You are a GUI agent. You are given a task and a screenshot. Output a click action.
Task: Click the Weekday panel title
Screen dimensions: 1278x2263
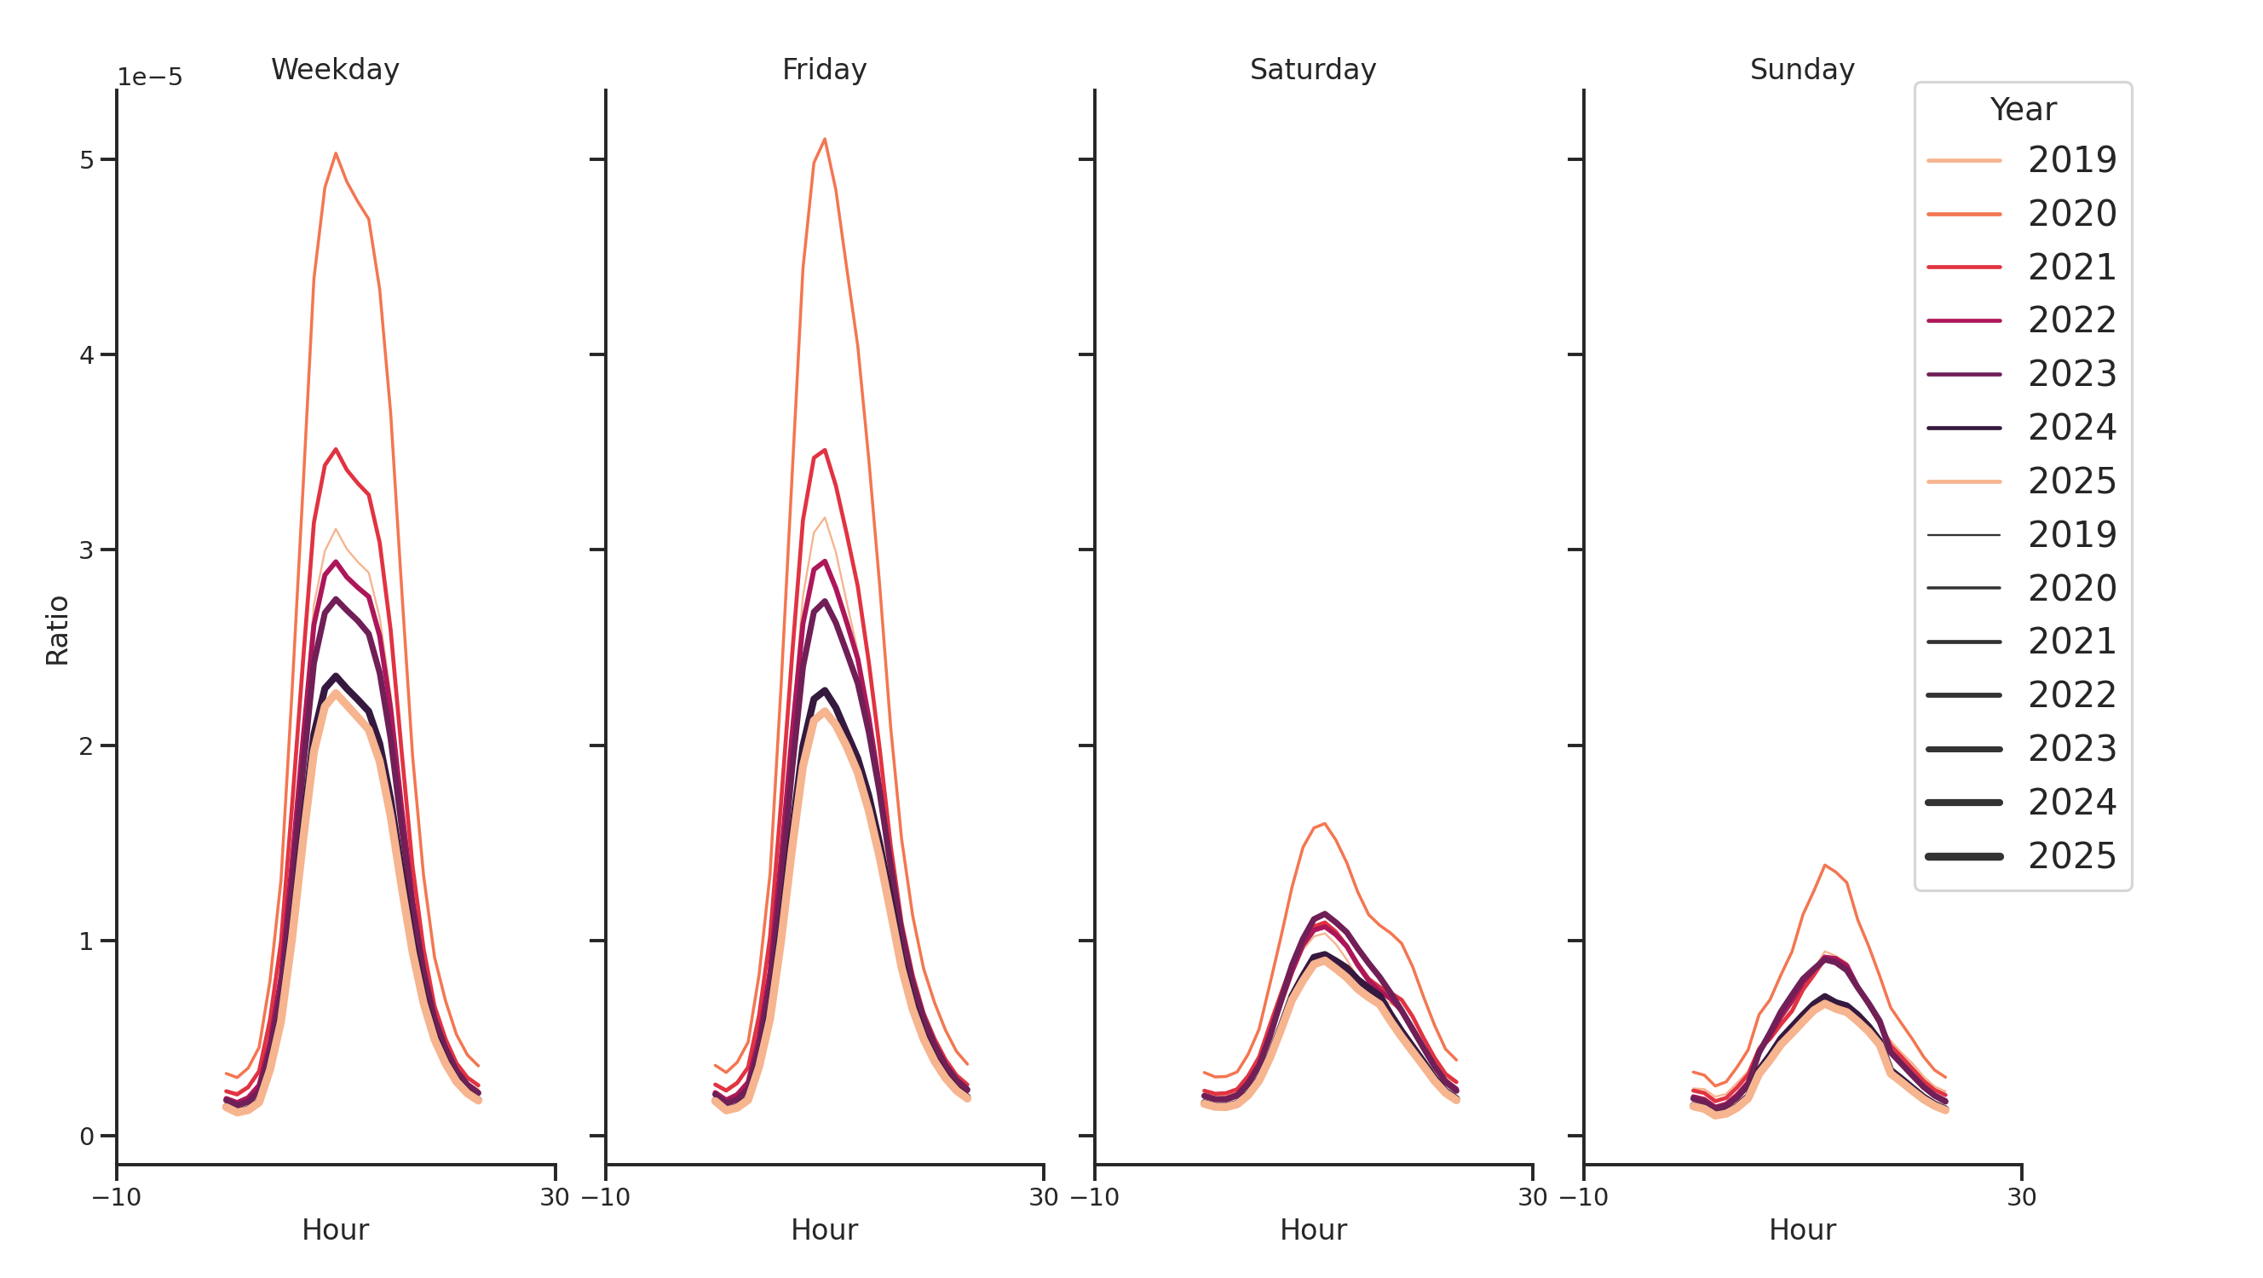(335, 69)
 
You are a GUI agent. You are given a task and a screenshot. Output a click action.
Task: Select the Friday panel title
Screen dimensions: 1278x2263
(823, 69)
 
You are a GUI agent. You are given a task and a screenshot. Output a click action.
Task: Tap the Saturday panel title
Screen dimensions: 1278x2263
(1312, 69)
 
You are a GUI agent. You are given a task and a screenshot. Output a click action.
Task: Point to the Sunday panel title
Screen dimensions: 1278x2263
(1801, 69)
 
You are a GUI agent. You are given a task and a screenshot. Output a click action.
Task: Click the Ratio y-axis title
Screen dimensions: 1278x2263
(57, 630)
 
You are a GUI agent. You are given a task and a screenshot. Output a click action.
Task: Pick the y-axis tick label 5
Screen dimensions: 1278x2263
(86, 160)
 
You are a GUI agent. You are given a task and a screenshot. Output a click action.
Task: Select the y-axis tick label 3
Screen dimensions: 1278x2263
(86, 550)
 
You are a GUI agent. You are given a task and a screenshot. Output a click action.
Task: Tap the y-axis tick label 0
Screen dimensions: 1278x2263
(86, 1137)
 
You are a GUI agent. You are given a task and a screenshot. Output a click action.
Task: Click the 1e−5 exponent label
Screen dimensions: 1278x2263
(149, 78)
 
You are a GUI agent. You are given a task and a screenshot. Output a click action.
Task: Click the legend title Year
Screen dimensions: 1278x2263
(2022, 110)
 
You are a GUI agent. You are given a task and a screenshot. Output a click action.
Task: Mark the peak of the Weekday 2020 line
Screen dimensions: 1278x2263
(336, 153)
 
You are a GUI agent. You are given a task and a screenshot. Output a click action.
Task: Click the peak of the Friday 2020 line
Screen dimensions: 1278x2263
(824, 139)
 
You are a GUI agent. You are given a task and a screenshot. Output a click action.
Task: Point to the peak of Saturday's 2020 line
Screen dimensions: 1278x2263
(1324, 824)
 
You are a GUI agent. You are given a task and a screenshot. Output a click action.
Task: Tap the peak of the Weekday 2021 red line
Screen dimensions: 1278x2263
(336, 449)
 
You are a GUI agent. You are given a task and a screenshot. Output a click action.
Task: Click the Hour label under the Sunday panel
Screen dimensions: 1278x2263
(1801, 1229)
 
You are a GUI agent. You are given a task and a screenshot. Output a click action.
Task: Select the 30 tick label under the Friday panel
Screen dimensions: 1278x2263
(1043, 1197)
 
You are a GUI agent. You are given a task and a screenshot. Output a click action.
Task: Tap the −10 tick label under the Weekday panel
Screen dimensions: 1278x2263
(116, 1197)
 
